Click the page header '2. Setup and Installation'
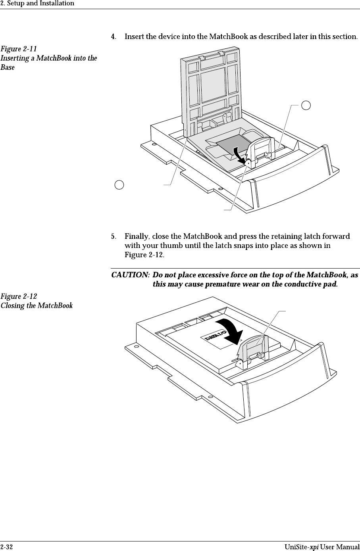pos(37,4)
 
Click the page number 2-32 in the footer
pos(6,547)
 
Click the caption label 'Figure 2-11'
pos(19,49)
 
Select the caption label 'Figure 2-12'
pos(19,297)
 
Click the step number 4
pos(113,37)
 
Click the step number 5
pos(113,237)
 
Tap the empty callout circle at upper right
pos(306,105)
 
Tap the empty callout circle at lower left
pos(119,184)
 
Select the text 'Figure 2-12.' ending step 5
pos(144,254)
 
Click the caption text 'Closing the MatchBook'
pos(37,306)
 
